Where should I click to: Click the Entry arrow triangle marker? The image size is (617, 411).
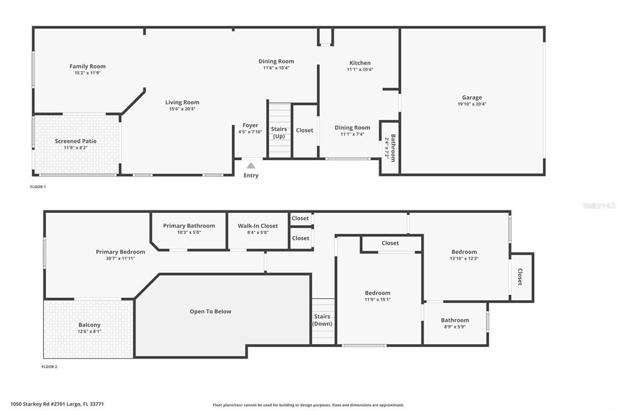tap(251, 166)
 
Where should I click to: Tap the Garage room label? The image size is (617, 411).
tap(472, 97)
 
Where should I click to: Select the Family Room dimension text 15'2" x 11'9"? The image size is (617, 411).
tap(87, 73)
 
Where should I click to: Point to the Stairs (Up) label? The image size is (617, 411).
tap(279, 133)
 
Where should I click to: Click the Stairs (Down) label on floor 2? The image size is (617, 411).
tap(322, 320)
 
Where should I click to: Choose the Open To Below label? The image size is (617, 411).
tap(210, 312)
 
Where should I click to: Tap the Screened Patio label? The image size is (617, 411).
tap(75, 141)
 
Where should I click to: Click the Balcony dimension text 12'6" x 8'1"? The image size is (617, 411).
tap(89, 331)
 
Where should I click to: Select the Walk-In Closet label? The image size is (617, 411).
tap(258, 226)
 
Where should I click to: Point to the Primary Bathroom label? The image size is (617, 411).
tap(189, 226)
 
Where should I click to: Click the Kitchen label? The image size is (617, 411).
tap(360, 63)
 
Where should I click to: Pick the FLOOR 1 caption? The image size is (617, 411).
tap(38, 187)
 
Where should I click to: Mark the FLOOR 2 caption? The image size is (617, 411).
tap(49, 367)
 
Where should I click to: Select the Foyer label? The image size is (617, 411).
tap(250, 125)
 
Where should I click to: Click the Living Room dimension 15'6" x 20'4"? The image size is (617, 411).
tap(182, 109)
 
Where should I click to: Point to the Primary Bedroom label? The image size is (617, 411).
tap(121, 252)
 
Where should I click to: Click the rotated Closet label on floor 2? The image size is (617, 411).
tap(520, 277)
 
